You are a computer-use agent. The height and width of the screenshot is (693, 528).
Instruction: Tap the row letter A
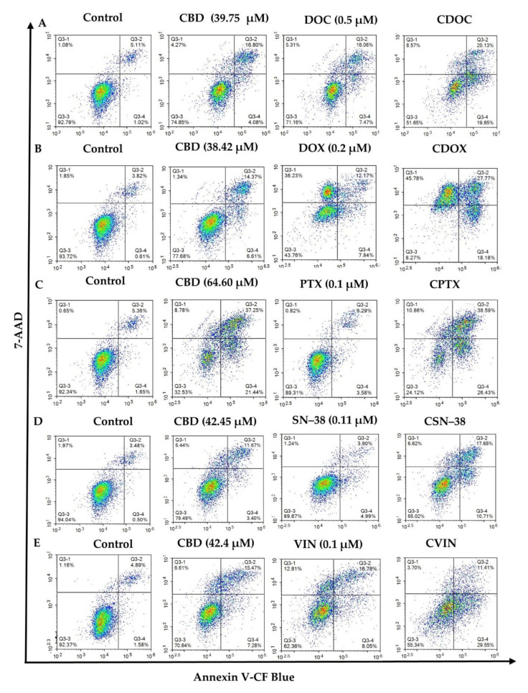[42, 23]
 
